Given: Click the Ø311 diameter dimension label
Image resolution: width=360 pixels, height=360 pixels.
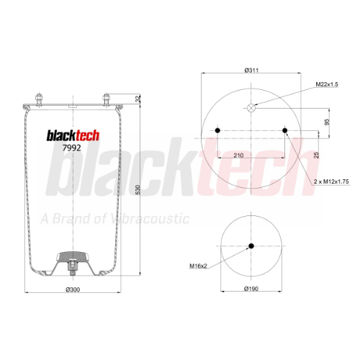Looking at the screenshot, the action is [x=251, y=70].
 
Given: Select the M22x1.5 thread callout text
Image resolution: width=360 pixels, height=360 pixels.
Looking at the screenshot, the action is [x=327, y=84].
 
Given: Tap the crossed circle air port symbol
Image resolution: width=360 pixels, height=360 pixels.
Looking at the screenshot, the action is [x=251, y=108].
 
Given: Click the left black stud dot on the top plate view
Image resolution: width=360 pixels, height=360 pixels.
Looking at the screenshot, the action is [x=217, y=130].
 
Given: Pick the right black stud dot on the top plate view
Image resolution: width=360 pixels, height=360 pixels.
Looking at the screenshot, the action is [x=285, y=130].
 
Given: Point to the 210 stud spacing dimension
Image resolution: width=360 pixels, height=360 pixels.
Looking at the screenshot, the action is [x=238, y=156].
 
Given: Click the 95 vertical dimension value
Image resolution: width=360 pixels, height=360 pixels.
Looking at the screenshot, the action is [x=327, y=122].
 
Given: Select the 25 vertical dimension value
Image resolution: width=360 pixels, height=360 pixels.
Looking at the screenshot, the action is [x=317, y=155].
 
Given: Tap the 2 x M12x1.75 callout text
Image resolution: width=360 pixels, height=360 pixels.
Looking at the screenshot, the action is [x=331, y=181].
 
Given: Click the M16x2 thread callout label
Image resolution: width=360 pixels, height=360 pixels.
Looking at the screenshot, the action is [x=198, y=266].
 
